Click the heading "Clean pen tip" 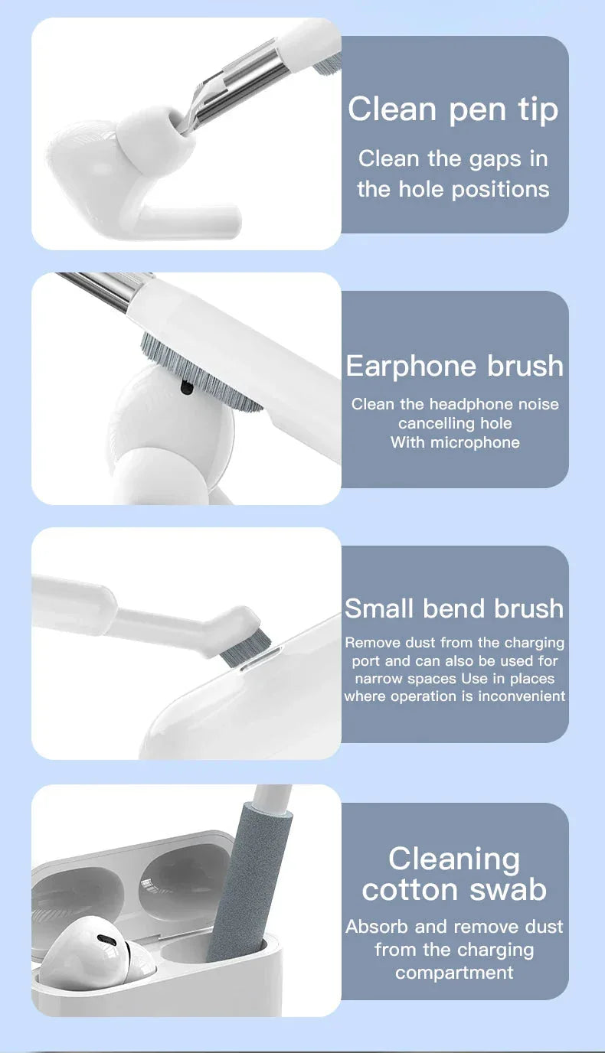pos(453,109)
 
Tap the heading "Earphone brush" pos(454,366)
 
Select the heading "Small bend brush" pos(454,608)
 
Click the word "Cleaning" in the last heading pos(454,859)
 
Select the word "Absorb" pos(378,927)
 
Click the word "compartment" pos(454,973)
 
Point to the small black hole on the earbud pos(185,388)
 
